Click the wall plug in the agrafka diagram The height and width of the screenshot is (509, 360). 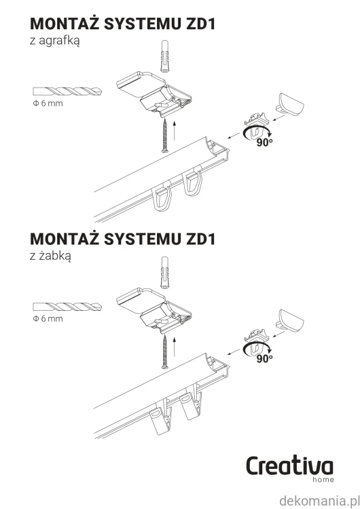[x=165, y=57]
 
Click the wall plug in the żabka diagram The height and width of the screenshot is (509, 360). [x=165, y=273]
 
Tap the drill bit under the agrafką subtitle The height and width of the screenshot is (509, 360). [x=67, y=92]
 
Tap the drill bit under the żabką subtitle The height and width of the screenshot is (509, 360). [x=67, y=307]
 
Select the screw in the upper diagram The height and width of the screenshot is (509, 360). [x=165, y=135]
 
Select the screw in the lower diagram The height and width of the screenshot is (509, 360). [x=165, y=352]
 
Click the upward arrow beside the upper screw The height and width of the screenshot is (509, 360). [x=175, y=130]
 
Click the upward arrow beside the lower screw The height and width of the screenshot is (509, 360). [x=175, y=346]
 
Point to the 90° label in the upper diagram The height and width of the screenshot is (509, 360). [x=264, y=143]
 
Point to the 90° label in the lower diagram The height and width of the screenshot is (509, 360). [x=264, y=358]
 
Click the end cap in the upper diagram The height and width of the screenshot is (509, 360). [x=290, y=105]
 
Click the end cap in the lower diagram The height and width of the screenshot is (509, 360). [x=290, y=320]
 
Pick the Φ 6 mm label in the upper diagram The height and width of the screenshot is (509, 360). [x=48, y=104]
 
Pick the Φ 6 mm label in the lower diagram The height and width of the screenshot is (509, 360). [x=48, y=319]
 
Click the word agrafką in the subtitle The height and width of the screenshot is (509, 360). [x=59, y=41]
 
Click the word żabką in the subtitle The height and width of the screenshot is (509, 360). [x=54, y=257]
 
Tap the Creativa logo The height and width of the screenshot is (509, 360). [x=289, y=469]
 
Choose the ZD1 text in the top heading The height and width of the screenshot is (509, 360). [x=200, y=24]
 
